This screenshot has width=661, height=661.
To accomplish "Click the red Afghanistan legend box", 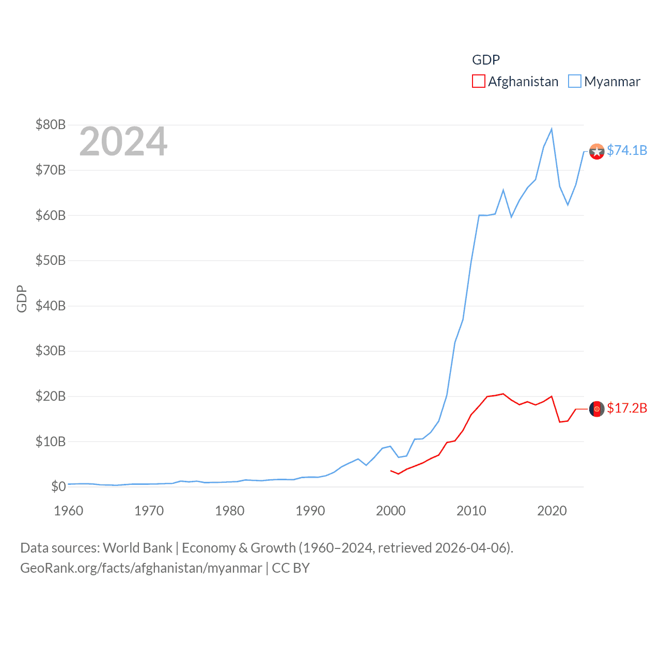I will click(479, 82).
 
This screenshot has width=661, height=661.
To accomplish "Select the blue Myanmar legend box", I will click(575, 82).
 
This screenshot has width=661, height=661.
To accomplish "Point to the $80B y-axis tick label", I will click(51, 124).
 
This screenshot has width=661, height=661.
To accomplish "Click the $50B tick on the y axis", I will click(51, 260).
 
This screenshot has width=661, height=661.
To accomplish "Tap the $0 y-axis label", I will click(58, 486).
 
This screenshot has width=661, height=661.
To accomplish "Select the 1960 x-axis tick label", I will click(69, 511).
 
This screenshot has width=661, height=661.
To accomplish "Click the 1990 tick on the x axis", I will click(310, 511).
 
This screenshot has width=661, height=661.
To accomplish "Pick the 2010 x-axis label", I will click(471, 511).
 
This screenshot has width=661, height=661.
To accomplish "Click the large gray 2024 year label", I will click(123, 141).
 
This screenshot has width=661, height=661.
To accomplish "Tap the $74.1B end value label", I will click(627, 150).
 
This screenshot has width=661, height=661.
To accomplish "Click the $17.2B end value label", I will click(627, 408).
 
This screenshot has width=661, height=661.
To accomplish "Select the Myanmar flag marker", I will click(597, 152).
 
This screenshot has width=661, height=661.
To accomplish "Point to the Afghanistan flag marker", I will click(597, 409).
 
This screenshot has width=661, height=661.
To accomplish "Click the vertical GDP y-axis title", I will click(22, 298).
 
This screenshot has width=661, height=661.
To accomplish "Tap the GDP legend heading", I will click(486, 60).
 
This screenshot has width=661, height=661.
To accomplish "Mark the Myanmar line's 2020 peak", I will click(552, 129).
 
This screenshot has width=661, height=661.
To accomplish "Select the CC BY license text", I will click(291, 568).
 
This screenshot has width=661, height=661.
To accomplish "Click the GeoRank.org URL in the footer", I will click(141, 568).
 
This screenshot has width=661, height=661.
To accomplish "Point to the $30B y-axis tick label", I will click(51, 351).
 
